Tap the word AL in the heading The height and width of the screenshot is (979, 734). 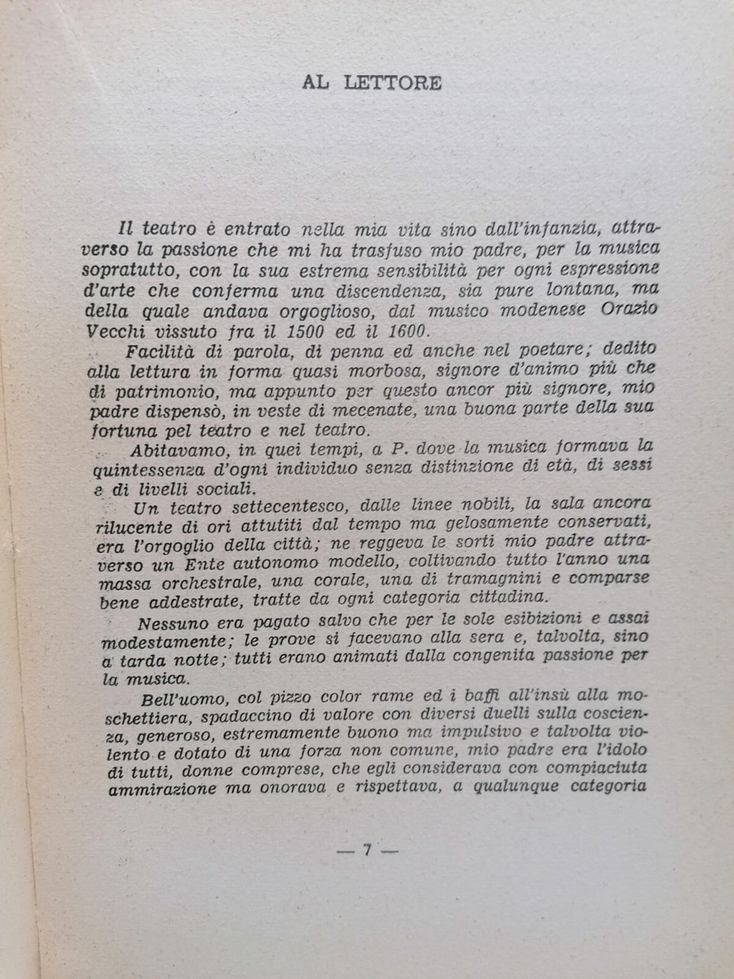tap(314, 83)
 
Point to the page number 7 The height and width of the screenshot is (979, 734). tap(367, 851)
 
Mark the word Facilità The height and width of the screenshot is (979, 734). tap(155, 352)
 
